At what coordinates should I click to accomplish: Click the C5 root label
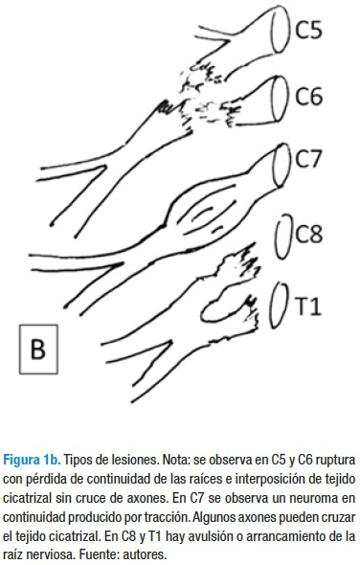[309, 30]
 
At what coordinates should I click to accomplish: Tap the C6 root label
[309, 96]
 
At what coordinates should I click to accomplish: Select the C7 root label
[308, 159]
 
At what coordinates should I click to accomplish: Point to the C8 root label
[309, 234]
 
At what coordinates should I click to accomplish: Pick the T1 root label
[307, 307]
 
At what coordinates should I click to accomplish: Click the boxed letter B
[38, 349]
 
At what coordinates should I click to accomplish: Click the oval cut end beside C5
[281, 30]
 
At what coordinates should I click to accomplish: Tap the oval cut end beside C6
[281, 98]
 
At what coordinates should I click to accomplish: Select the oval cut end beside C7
[282, 165]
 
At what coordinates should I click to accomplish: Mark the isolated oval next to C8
[283, 236]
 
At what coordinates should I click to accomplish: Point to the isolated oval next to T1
[280, 305]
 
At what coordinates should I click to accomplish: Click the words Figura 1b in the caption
[32, 461]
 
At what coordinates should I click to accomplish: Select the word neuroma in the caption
[326, 498]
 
